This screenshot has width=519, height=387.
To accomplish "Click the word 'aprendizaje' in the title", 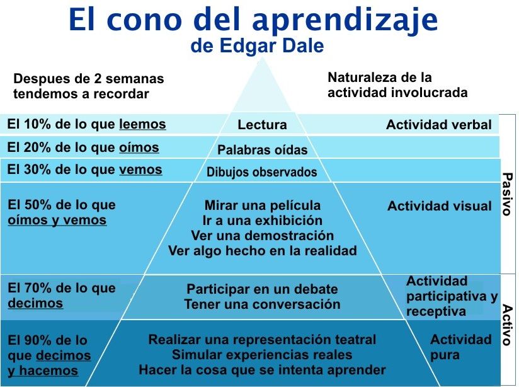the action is tap(345, 20).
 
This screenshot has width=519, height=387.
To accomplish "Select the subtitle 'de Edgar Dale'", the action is tap(257, 46).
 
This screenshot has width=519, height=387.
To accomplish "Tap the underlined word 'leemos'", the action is tap(142, 124).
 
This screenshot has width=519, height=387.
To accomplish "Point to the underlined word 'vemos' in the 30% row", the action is tap(140, 170).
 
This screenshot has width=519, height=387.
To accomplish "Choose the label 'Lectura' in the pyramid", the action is tap(262, 125).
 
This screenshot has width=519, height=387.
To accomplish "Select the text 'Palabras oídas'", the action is tap(263, 150).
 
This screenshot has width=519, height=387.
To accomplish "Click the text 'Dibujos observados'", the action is tap(262, 172).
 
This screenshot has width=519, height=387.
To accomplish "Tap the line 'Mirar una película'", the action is tap(263, 205).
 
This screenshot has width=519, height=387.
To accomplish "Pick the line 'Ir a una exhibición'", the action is tap(263, 221).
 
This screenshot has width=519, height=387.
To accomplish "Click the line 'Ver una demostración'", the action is tap(263, 236).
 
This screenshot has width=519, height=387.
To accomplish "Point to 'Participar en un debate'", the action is tap(262, 289).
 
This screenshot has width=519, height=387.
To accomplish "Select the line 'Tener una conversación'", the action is tap(262, 304).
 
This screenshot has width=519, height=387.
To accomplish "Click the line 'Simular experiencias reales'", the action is tap(262, 355).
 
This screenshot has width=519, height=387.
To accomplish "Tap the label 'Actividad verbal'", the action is tap(439, 125).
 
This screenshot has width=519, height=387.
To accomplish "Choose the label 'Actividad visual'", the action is tap(440, 206).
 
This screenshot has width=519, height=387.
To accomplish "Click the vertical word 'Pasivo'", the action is tap(507, 194).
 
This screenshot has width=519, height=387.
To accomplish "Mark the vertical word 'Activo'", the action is tap(507, 325).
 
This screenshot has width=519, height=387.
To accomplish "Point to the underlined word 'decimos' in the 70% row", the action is tap(35, 303).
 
